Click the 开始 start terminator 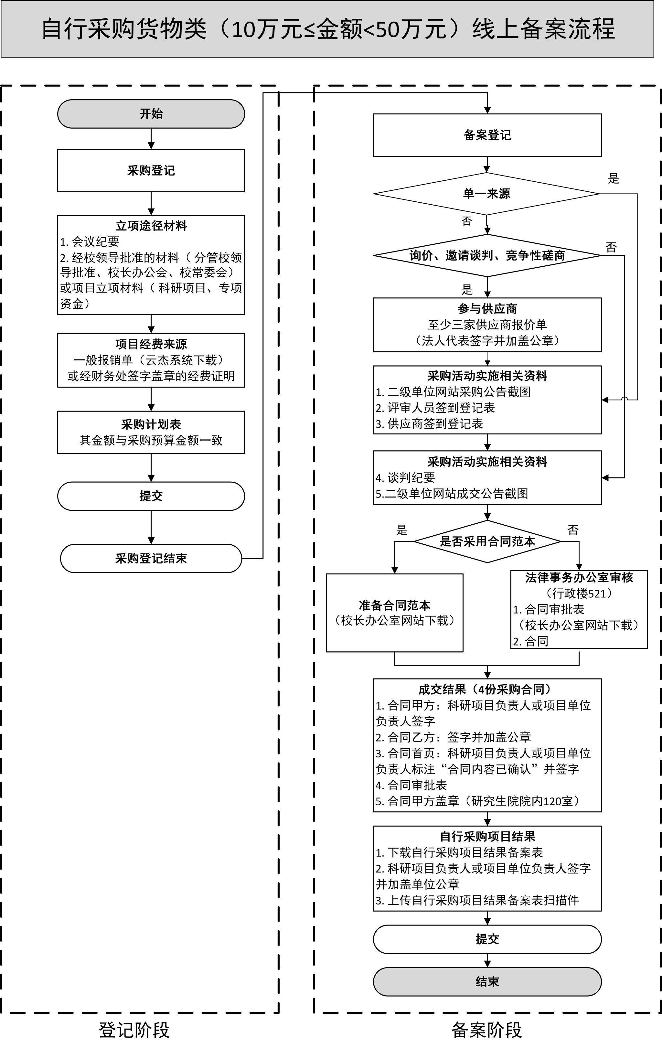coord(151,114)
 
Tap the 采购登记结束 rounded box coord(151,558)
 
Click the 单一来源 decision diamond coord(486,194)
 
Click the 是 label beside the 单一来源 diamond coord(613,178)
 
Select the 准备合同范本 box coord(394,612)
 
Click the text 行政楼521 coord(579,593)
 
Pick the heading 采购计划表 coord(151,424)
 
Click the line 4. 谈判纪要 coord(406,478)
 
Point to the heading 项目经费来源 coord(151,344)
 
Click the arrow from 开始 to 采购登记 coord(151,139)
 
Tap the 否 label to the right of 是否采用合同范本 coord(573,530)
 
